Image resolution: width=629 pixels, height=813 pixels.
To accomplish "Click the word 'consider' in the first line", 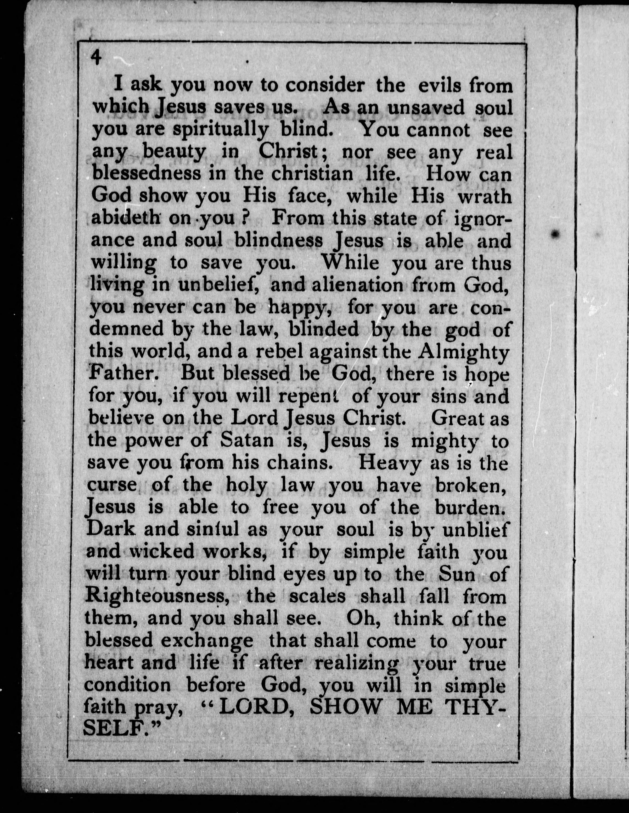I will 325,86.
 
